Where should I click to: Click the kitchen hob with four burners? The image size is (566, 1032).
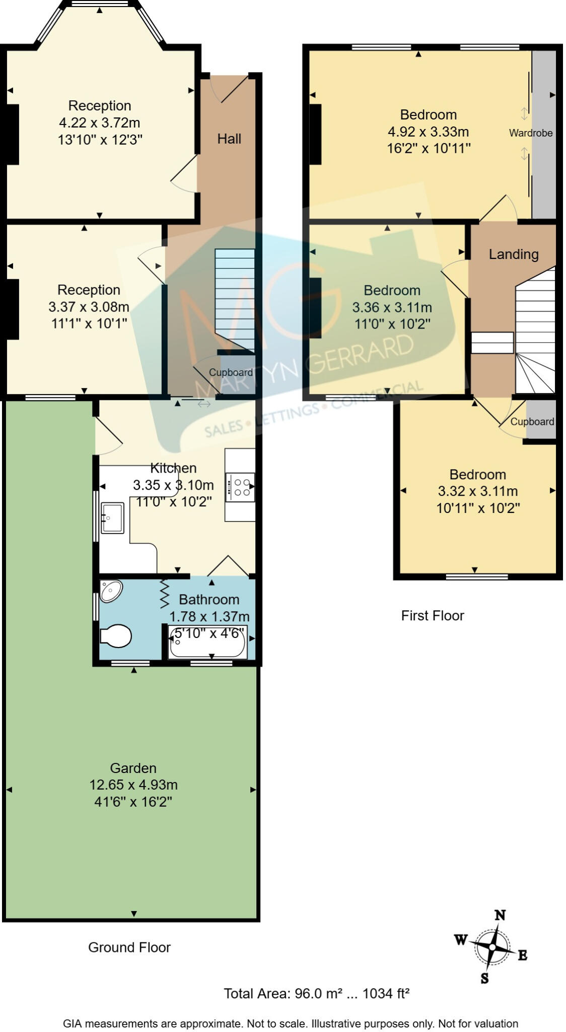click(x=240, y=487)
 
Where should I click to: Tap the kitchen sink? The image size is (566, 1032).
click(x=112, y=518)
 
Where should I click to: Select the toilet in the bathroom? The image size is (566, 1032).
click(x=116, y=636)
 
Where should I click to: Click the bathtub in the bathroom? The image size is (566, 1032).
click(x=208, y=642)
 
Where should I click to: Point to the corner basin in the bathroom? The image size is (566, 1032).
click(x=111, y=591)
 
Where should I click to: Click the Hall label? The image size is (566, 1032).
click(x=229, y=139)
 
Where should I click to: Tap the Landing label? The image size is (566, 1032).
click(x=514, y=254)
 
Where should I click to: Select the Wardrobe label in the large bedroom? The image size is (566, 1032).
click(x=530, y=133)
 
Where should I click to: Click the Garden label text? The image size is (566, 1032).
click(x=133, y=768)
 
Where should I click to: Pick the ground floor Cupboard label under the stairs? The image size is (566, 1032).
click(x=231, y=372)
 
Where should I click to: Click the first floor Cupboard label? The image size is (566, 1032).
click(x=532, y=421)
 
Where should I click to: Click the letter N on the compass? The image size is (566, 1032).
click(x=500, y=915)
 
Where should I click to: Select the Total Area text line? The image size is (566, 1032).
click(x=316, y=993)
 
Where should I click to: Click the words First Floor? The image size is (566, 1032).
click(x=432, y=615)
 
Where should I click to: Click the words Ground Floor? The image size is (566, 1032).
click(x=129, y=947)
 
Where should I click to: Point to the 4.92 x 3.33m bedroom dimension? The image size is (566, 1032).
click(x=428, y=132)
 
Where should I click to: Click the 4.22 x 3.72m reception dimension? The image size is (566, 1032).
click(x=100, y=122)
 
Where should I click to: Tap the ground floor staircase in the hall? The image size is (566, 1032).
click(x=235, y=297)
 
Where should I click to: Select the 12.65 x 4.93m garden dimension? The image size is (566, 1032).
click(x=133, y=785)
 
